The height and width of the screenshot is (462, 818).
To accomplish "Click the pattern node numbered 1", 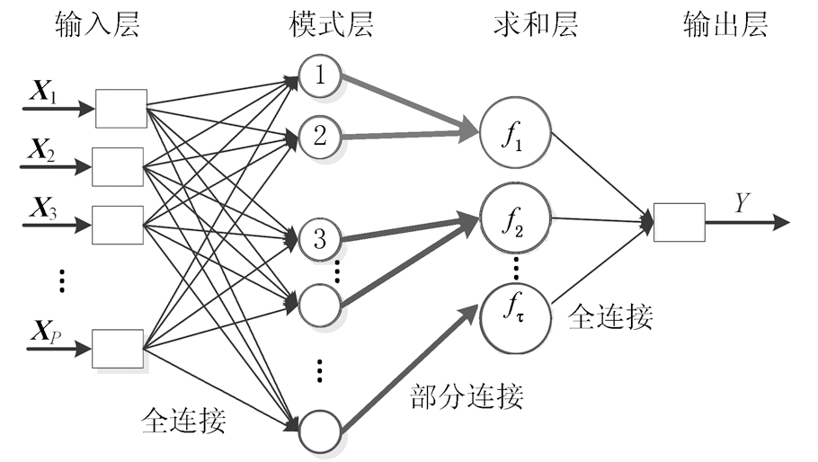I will (x=320, y=78).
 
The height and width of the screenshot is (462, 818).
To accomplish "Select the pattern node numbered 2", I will (x=320, y=136).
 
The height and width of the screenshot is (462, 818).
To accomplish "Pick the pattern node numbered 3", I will (x=320, y=239).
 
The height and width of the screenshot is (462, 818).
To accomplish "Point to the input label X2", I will (x=40, y=151).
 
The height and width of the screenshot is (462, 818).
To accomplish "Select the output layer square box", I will (x=679, y=222).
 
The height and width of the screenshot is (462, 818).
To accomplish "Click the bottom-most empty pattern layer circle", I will (x=320, y=430).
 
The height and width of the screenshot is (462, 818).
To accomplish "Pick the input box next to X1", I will (x=121, y=109).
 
